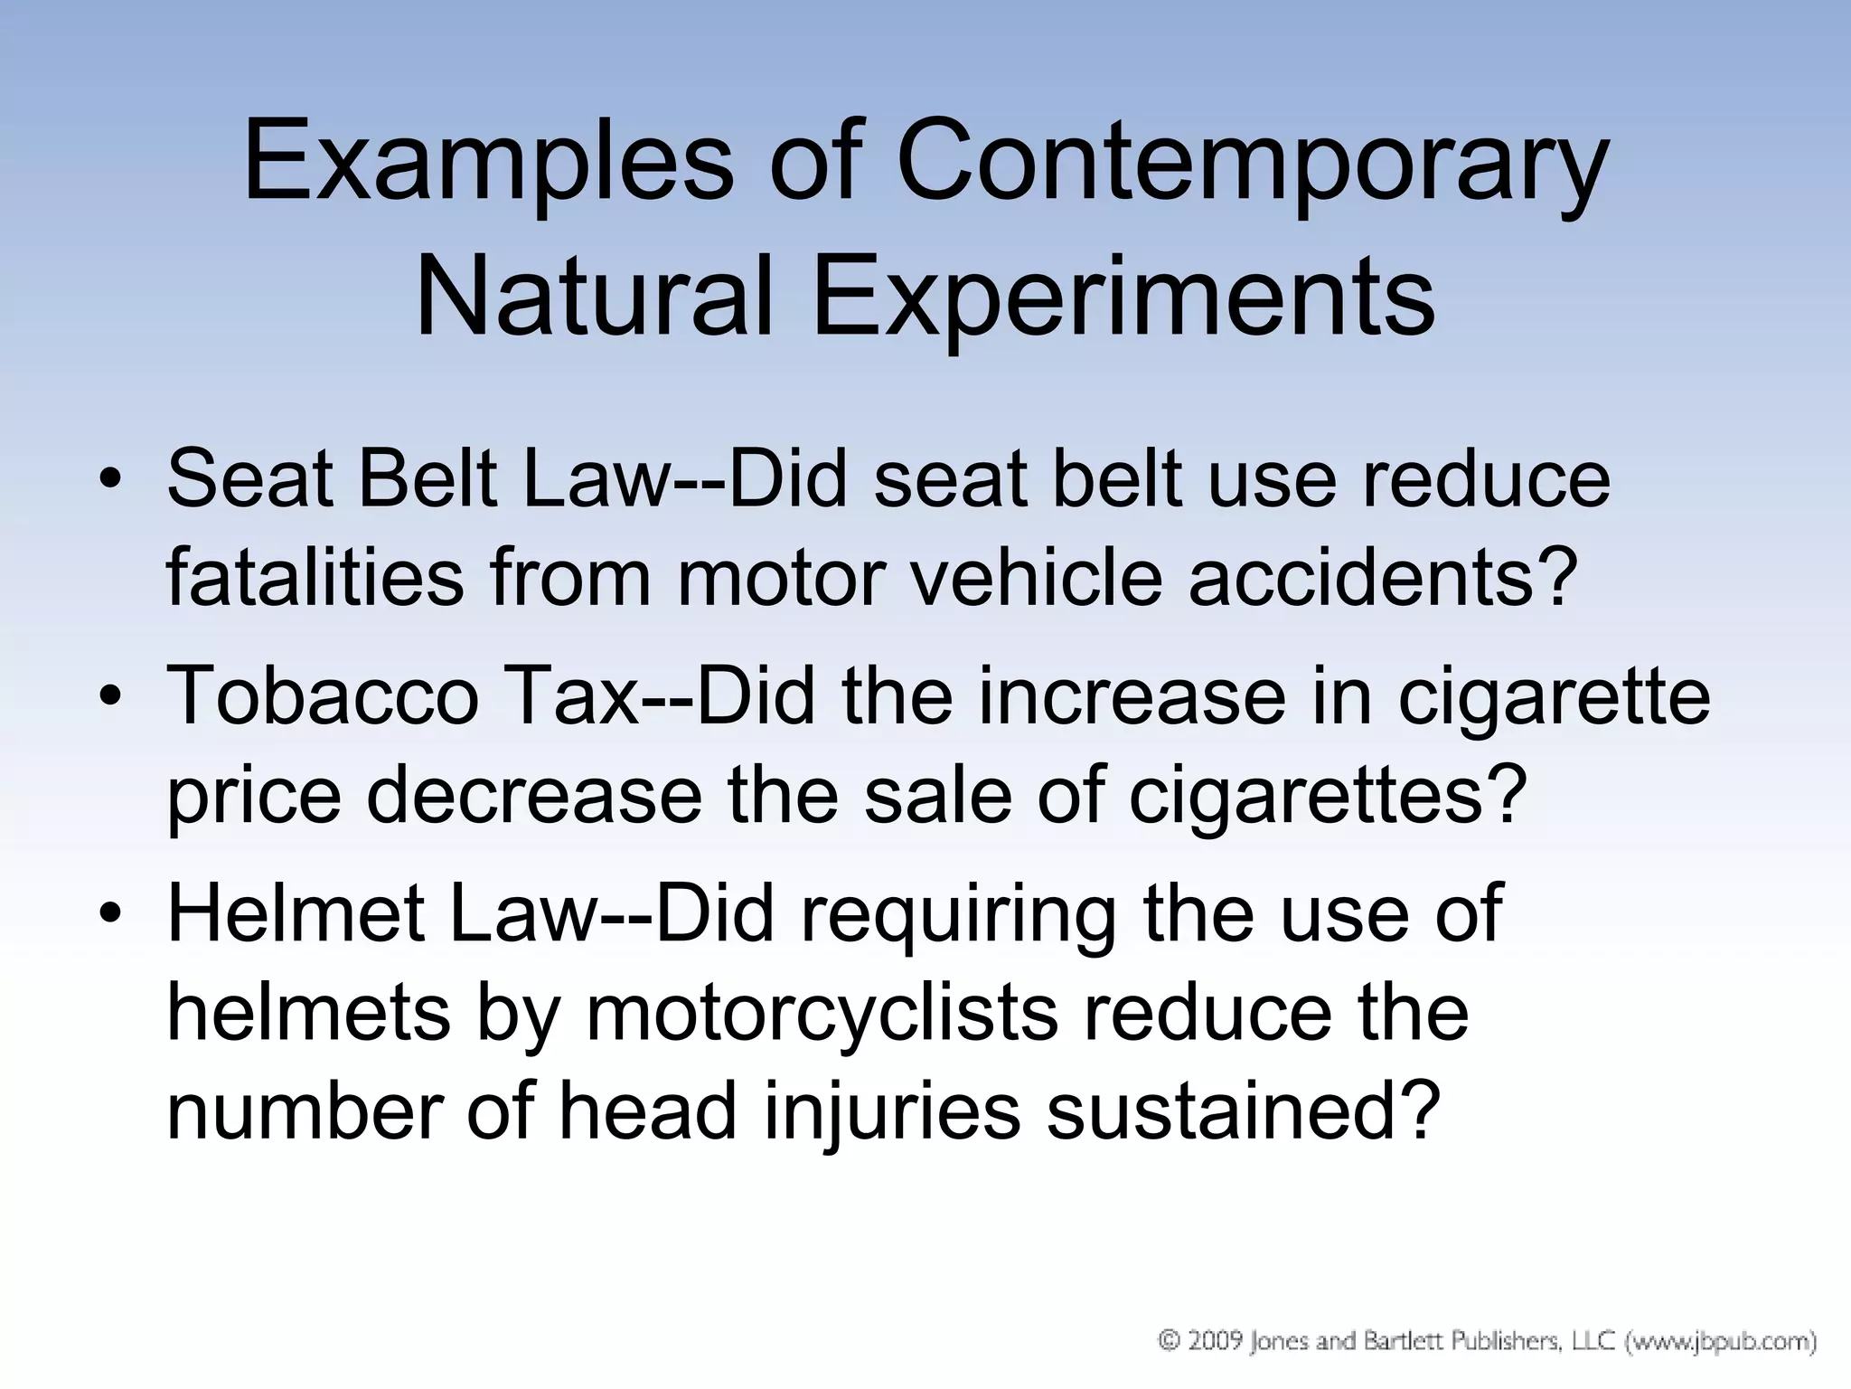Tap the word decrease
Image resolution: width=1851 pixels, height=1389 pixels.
(534, 795)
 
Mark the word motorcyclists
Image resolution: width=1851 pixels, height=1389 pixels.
(822, 1013)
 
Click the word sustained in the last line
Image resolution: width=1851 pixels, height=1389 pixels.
(1242, 1111)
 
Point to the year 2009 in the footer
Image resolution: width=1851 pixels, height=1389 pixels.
(1213, 1340)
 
